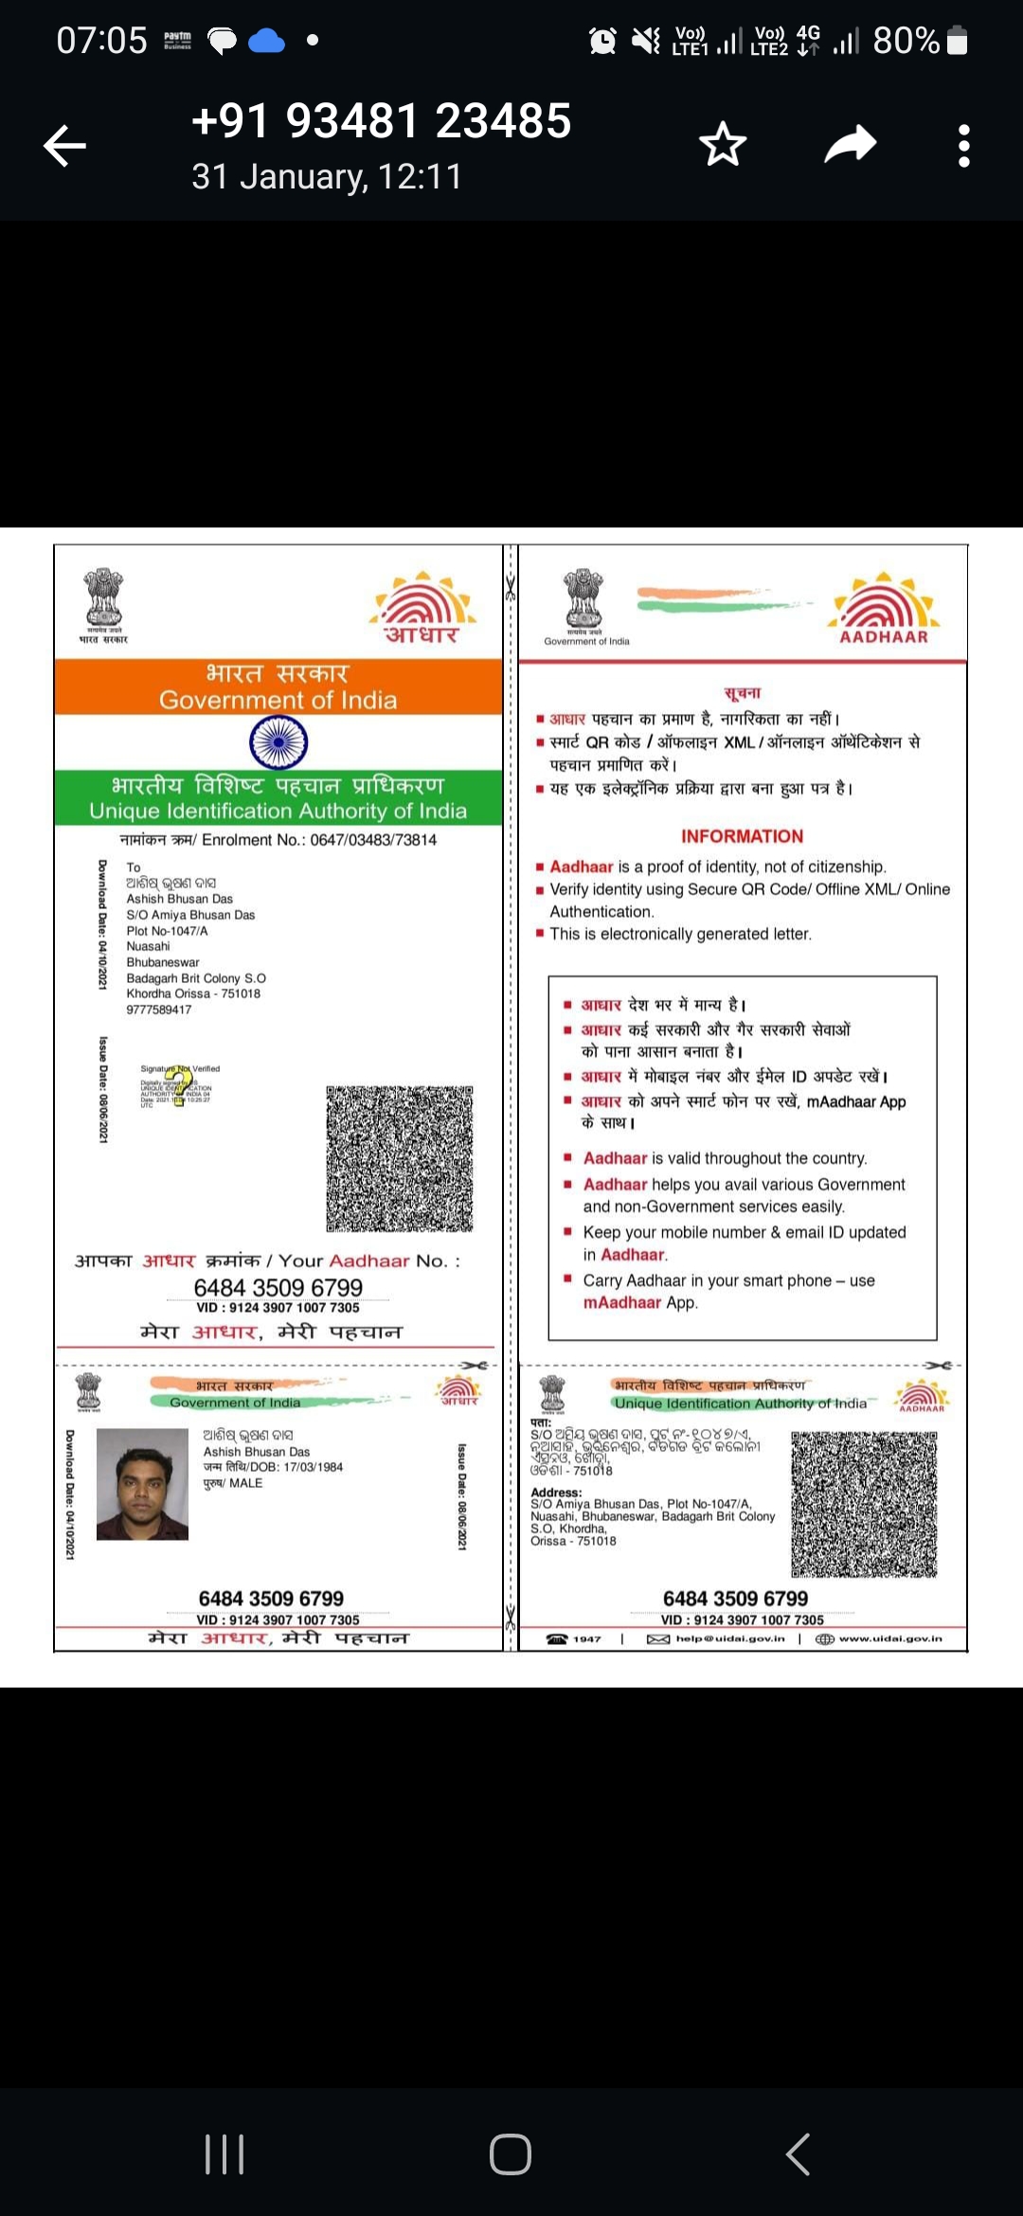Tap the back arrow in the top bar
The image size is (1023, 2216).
(64, 146)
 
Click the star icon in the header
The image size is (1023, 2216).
(723, 145)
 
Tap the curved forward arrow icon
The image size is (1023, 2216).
(850, 145)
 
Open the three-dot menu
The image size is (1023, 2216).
(963, 146)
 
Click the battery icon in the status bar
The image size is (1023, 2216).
(958, 41)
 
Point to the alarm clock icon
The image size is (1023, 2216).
(602, 41)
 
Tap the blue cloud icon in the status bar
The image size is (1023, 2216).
(266, 41)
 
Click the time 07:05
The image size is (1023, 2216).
(101, 41)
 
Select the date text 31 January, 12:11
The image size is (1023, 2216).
(327, 177)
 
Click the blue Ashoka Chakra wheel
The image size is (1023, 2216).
(278, 742)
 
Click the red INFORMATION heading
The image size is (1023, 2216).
(742, 836)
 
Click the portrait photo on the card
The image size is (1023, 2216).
(142, 1484)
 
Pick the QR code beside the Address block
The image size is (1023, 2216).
(864, 1504)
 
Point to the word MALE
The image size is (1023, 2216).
(245, 1483)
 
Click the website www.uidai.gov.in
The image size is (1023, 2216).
(889, 1638)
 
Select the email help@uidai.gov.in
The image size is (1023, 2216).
(729, 1638)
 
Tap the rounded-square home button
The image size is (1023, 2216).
(511, 2154)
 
